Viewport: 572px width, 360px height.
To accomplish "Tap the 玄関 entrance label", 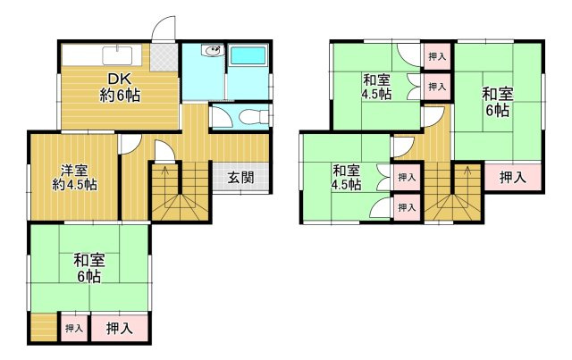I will tap(240, 178).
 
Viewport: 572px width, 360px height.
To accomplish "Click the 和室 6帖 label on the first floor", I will tap(88, 267).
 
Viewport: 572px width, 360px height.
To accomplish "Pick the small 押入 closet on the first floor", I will tap(73, 329).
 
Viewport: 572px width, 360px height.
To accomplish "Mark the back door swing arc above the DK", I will tap(162, 29).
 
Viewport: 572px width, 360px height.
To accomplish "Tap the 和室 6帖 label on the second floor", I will tap(498, 101).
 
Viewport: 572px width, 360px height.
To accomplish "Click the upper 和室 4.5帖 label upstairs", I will tap(375, 85).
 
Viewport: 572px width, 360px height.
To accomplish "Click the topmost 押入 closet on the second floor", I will tap(436, 56).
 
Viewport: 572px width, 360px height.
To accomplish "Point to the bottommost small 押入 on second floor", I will tap(406, 207).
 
